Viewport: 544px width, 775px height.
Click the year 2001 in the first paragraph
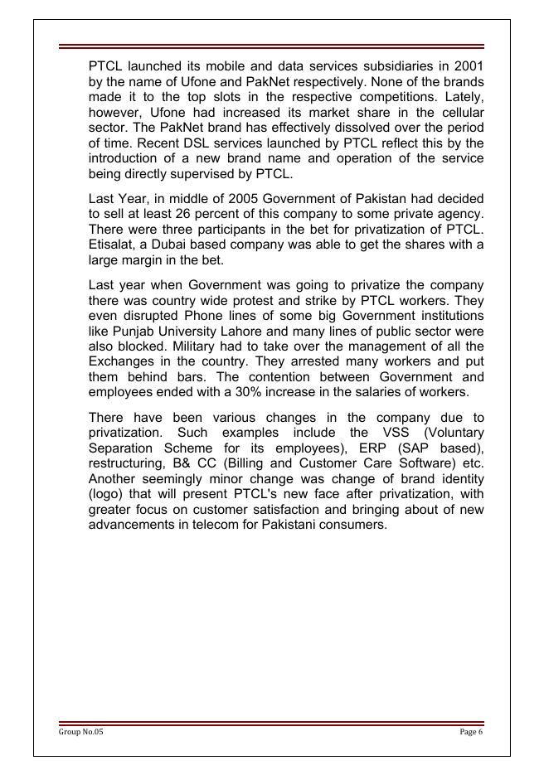(469, 65)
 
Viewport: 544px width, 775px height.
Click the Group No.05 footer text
(81, 733)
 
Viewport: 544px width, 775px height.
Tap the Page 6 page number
(471, 733)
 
